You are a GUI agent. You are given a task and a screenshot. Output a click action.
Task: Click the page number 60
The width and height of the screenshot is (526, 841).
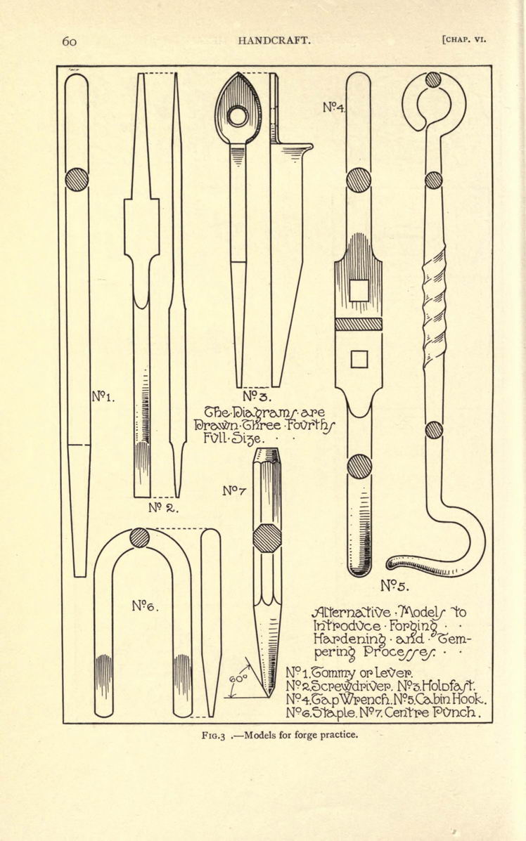click(69, 41)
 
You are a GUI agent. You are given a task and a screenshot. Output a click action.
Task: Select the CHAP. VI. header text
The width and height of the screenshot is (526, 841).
click(463, 39)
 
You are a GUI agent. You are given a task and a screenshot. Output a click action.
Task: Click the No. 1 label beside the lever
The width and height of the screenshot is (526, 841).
click(103, 396)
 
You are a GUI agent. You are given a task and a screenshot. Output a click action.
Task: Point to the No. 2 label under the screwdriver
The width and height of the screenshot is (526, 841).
click(162, 507)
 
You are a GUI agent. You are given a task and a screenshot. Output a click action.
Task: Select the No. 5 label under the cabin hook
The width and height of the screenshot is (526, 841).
click(394, 586)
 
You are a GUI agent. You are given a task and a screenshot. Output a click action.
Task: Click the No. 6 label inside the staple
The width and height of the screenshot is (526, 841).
click(145, 606)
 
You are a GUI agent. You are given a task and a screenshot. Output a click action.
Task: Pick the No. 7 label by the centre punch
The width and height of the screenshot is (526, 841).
click(235, 490)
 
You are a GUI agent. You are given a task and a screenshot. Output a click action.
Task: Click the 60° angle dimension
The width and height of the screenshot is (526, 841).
click(238, 679)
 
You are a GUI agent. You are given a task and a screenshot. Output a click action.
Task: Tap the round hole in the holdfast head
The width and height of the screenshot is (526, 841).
click(237, 116)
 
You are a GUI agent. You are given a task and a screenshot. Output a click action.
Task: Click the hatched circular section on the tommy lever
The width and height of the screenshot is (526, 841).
click(77, 180)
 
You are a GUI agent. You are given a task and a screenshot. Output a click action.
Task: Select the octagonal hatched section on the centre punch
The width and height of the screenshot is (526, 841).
click(267, 538)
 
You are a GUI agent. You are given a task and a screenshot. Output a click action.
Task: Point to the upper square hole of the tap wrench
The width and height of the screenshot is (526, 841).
click(359, 291)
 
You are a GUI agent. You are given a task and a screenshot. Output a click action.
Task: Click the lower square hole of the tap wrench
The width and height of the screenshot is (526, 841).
click(359, 359)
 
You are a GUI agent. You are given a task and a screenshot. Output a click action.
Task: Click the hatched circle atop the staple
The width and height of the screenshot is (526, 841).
click(139, 537)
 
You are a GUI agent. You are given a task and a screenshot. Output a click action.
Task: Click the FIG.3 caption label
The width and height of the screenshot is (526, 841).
click(215, 735)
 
